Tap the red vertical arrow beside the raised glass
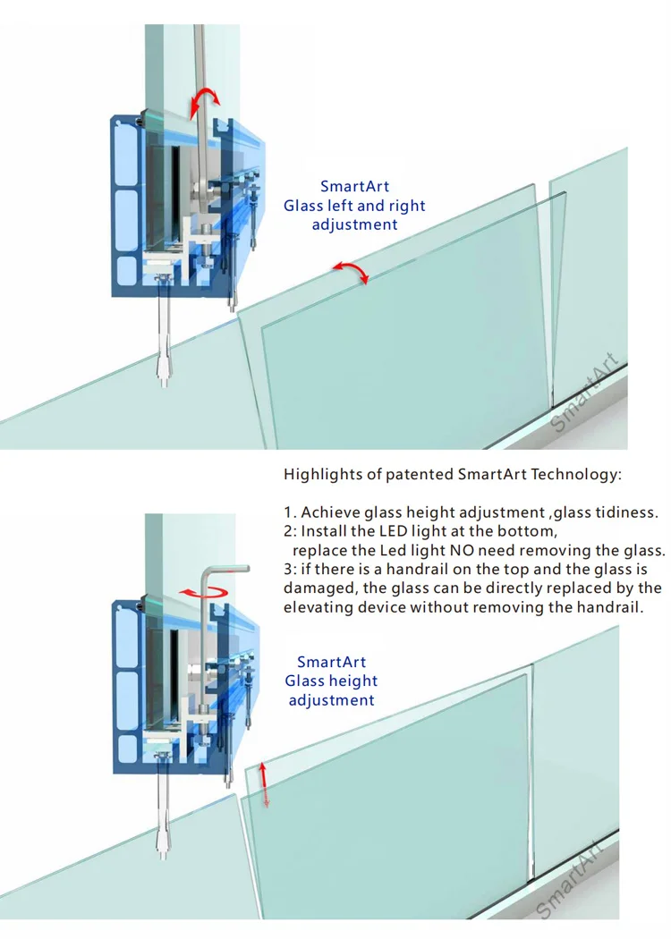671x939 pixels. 265,784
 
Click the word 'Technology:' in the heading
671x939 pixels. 574,474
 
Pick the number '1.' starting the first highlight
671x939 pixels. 290,512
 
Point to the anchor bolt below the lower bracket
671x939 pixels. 165,814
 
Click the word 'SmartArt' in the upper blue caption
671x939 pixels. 354,187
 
